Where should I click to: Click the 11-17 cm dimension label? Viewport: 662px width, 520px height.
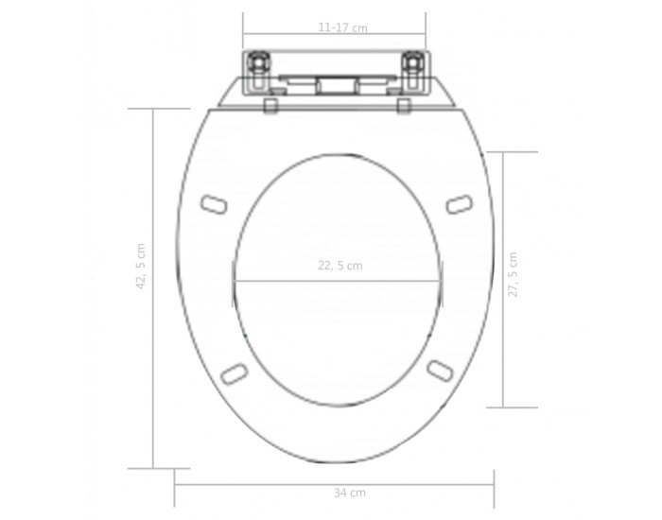(x=342, y=27)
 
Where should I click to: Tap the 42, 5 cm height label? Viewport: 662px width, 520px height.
(x=141, y=267)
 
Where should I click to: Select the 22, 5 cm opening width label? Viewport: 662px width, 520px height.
(x=340, y=266)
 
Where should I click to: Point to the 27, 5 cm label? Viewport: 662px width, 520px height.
(x=513, y=275)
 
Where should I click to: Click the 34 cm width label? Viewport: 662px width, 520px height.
(x=350, y=493)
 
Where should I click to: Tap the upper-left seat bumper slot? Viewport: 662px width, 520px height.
(x=214, y=205)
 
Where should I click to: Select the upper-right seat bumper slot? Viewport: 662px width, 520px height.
(x=460, y=204)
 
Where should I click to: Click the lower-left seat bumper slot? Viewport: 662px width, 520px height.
(x=235, y=373)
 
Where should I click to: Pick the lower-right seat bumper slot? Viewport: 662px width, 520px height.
(x=441, y=371)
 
